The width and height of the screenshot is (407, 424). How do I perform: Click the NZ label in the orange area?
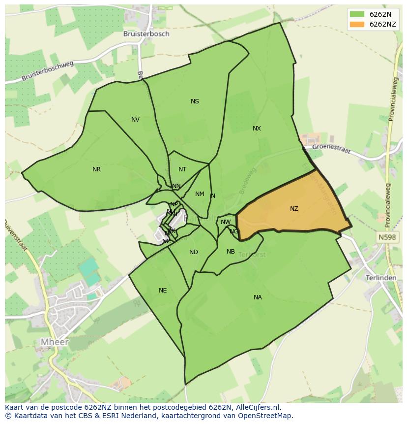click(294, 209)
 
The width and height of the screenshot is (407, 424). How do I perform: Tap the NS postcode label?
click(195, 101)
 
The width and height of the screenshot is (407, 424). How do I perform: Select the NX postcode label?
click(257, 129)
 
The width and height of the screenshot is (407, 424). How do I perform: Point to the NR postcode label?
click(96, 169)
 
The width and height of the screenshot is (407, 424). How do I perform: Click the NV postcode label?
click(135, 120)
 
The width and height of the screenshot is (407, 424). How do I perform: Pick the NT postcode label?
click(182, 169)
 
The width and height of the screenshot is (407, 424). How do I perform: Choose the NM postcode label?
click(200, 194)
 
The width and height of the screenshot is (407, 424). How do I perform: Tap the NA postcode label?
click(258, 297)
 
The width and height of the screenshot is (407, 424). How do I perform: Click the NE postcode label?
click(163, 291)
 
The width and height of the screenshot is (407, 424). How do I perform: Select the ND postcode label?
click(194, 253)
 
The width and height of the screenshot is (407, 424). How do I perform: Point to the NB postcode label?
click(231, 252)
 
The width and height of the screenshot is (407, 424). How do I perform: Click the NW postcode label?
click(226, 222)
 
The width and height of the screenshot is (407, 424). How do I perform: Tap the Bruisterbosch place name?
click(146, 34)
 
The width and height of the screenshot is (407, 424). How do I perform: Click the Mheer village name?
click(55, 342)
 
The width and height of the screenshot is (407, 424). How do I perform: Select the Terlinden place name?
click(381, 278)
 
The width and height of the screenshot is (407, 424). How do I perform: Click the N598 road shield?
click(387, 237)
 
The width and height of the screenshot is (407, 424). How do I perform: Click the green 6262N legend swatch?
click(357, 14)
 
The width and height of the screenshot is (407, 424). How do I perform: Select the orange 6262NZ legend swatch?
click(357, 24)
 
